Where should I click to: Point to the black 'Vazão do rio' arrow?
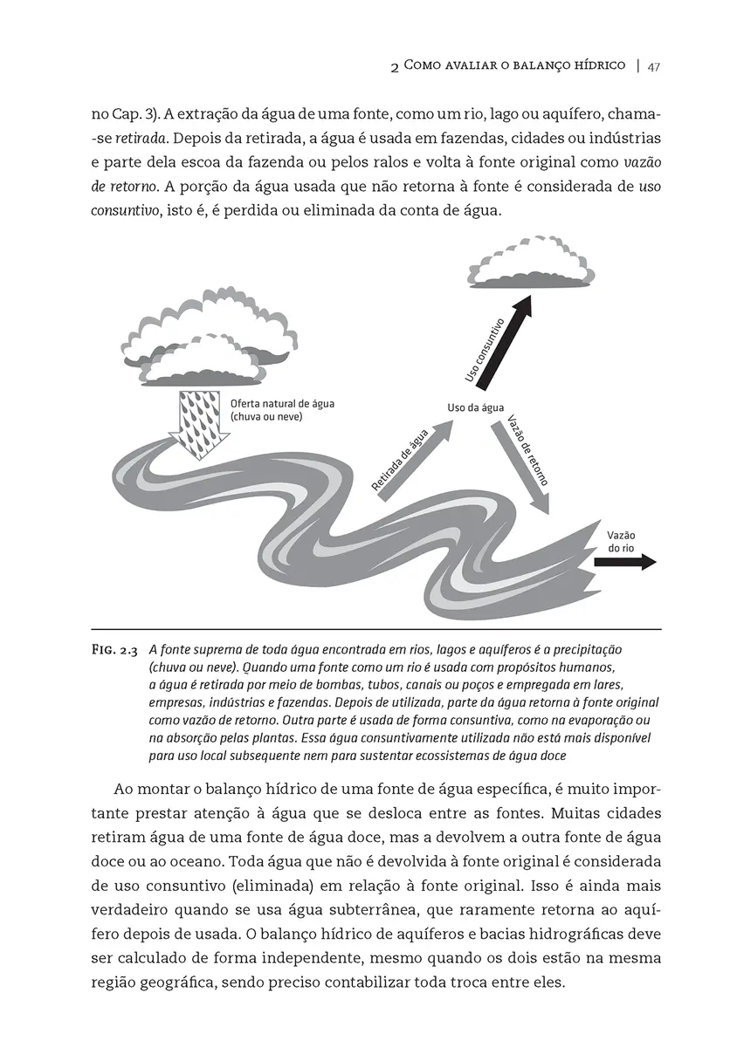pos(624,563)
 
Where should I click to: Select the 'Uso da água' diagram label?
pos(475,407)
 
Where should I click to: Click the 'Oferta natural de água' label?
pos(282,404)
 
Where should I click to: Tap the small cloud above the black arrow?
pos(532,262)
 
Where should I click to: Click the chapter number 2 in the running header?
pos(396,67)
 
